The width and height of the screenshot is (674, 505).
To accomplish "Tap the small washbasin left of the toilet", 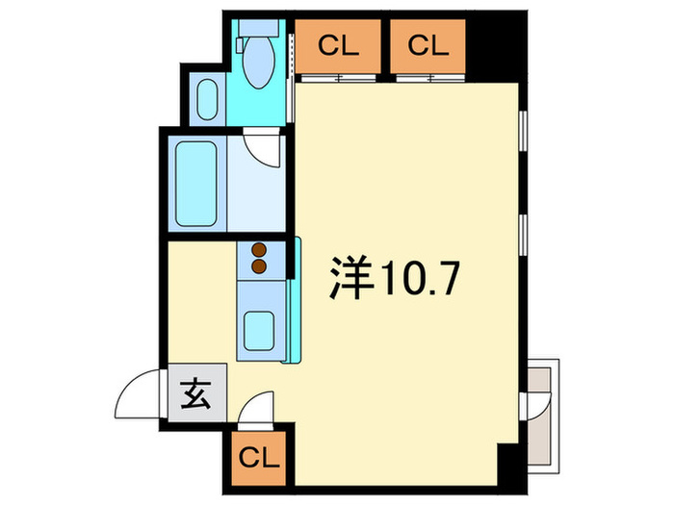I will point(206,98).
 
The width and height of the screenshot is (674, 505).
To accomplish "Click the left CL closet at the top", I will point(337,45).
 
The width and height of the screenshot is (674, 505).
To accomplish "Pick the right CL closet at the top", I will point(428,45).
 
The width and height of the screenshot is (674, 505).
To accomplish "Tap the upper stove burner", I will point(259,250).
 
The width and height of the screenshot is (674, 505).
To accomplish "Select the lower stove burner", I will point(259,265).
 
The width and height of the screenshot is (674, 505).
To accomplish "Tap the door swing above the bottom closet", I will point(256,409).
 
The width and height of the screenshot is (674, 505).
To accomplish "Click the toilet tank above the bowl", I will point(257,38).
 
